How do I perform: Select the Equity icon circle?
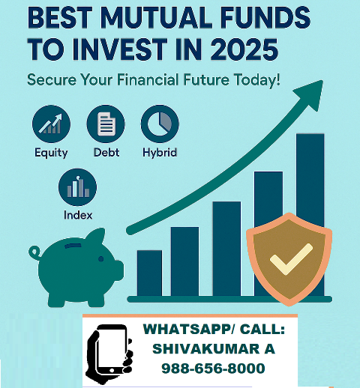click(x=50, y=125)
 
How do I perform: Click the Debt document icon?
click(x=106, y=125)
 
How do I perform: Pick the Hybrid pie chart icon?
click(x=160, y=125)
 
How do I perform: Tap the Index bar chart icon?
click(x=77, y=187)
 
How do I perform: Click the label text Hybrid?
click(x=159, y=153)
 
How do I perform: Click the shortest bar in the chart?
click(x=149, y=273)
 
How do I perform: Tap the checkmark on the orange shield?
click(x=286, y=260)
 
